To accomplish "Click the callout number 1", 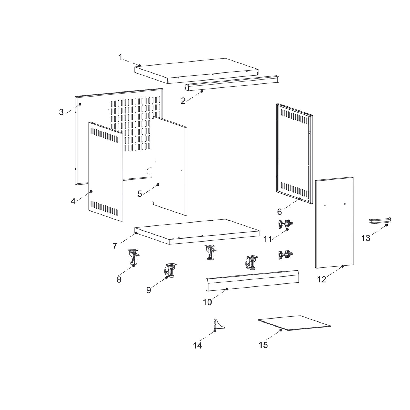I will pos(120,57).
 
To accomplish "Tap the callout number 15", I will pos(263,345).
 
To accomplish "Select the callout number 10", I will pos(207,302).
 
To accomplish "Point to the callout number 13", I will pos(366,238).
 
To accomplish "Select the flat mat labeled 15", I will pos(294,323).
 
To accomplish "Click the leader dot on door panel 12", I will pos(342,266).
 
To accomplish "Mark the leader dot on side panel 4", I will pos(91,191).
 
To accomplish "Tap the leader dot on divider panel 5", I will pos(158,185).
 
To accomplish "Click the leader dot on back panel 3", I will pos(80,104).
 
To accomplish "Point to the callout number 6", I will pos(279,212).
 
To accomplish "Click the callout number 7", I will pos(115,246).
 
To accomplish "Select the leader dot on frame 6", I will pos(299,199).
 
